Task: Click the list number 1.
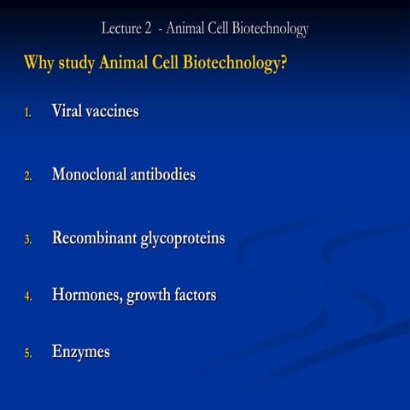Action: [x=27, y=114]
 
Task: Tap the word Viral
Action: [x=67, y=112]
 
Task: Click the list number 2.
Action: [x=27, y=177]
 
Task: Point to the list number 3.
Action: [x=27, y=240]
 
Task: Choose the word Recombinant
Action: [x=94, y=238]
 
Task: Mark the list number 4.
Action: [x=27, y=297]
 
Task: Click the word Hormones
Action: [x=87, y=296]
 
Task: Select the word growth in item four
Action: [x=149, y=296]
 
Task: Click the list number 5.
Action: [x=27, y=354]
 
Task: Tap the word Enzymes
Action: [x=80, y=352]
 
